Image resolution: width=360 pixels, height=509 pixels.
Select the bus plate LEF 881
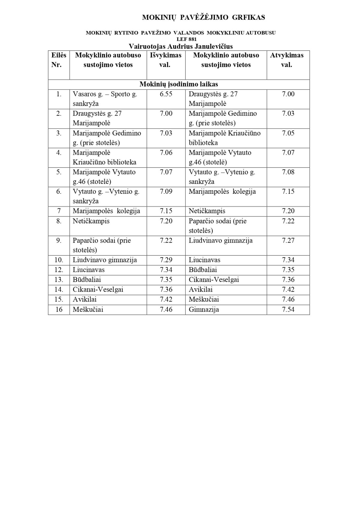coord(181,39)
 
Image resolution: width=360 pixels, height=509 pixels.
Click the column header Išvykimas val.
coord(166,60)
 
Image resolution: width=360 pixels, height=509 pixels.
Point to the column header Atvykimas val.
coord(286,60)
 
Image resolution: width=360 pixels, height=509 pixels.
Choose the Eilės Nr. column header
coord(59,60)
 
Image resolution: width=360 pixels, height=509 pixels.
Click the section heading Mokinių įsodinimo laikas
coord(179,84)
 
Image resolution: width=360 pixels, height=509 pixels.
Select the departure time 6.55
coord(166,94)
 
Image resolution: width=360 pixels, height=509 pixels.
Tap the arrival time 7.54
coord(288,310)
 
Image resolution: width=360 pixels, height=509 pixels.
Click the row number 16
coord(59,310)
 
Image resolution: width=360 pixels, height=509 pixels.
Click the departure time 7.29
coord(166,260)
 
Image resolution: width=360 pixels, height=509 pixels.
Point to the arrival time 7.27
coord(288,241)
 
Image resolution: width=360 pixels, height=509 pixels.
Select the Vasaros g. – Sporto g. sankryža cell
coord(105,99)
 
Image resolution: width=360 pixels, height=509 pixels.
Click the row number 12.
coord(59,270)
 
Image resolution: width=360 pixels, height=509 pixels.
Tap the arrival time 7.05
coord(288,133)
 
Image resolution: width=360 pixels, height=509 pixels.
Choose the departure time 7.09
coord(166,191)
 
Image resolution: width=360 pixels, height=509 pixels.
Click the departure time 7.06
coord(166,153)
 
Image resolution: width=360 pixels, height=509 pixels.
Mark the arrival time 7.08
coord(288,172)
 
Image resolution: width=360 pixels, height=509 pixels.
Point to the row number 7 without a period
coord(59,211)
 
